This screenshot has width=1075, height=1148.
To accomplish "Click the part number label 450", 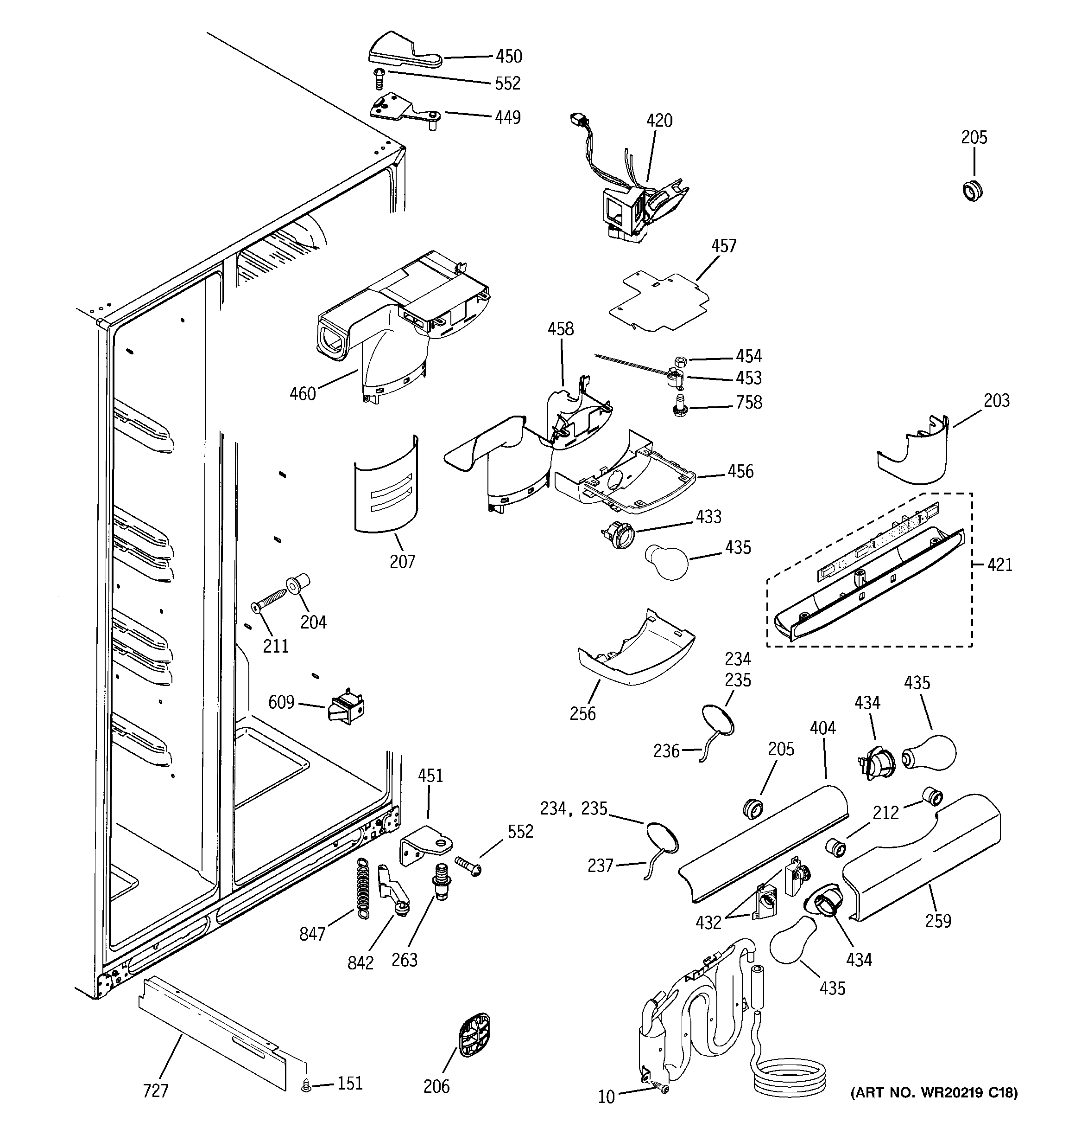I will pos(508,57).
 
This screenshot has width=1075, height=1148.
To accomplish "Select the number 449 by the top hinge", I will pos(508,118).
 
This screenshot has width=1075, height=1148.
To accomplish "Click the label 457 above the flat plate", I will pos(724,246).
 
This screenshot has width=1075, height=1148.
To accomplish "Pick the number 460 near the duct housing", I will pos(303,394).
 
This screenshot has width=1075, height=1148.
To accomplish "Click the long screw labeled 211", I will pos(270,599).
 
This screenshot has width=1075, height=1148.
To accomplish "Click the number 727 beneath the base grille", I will pos(156,1091).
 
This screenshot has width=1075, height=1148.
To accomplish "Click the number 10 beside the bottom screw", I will pos(606,1097).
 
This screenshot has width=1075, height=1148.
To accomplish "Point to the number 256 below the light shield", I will pos(582,714).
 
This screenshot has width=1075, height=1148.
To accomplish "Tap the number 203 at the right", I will pos(997,401).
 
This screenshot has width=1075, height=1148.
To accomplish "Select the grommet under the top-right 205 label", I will pos(974,190).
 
